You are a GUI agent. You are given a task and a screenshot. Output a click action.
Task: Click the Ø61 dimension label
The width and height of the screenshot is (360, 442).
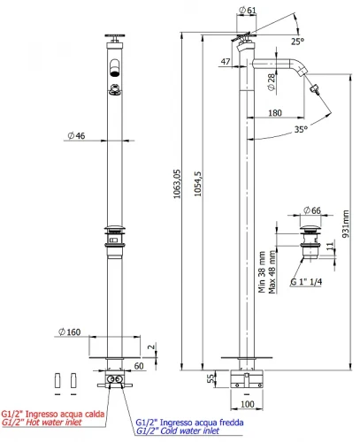coord(248,10)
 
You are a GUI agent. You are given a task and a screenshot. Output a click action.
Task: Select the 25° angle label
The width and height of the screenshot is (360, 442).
coord(297,42)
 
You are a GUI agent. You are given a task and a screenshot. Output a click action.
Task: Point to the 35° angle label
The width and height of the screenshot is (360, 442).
coord(301,129)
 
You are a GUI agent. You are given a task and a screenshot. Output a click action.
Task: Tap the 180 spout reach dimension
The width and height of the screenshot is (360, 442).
coord(275,113)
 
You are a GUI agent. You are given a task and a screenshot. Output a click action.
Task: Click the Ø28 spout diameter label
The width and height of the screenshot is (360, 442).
coord(271,82)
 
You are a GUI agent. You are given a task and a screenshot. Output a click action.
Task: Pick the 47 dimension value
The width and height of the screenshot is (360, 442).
coord(226,62)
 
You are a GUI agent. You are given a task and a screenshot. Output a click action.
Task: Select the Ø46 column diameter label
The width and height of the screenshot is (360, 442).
coord(76,135)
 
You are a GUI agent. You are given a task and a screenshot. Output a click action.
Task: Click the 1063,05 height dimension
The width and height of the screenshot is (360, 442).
coord(177,184)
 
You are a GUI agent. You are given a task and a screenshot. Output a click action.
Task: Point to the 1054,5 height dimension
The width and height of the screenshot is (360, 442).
coord(197,184)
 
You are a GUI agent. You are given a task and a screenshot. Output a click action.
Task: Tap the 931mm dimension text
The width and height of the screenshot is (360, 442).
coord(346,224)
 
